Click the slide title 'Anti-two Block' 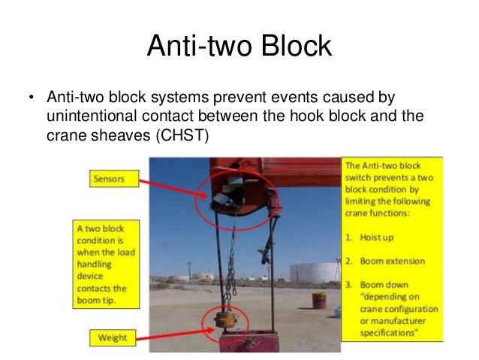(x=239, y=47)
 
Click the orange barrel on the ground (x=320, y=300)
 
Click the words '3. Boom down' (x=384, y=285)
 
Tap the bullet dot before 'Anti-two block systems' (x=32, y=99)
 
